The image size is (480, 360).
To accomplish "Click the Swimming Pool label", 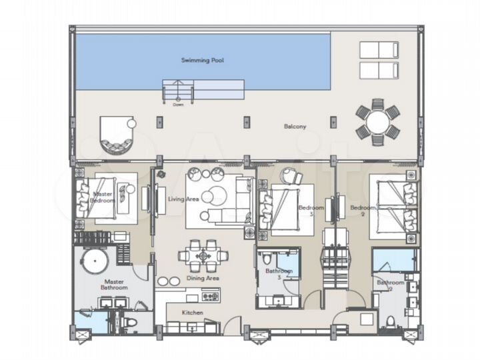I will [x=203, y=60].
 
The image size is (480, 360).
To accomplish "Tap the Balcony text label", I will [x=295, y=126].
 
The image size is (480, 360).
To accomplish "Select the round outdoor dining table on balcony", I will [x=377, y=122].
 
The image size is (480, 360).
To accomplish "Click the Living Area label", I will [x=181, y=199].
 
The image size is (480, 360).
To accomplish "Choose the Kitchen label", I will [x=193, y=312].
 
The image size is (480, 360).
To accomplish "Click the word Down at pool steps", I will [x=178, y=105].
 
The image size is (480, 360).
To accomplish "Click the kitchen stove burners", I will [x=210, y=297].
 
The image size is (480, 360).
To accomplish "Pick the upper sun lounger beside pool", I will [x=379, y=50].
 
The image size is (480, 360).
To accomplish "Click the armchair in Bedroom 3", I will [x=291, y=176].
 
